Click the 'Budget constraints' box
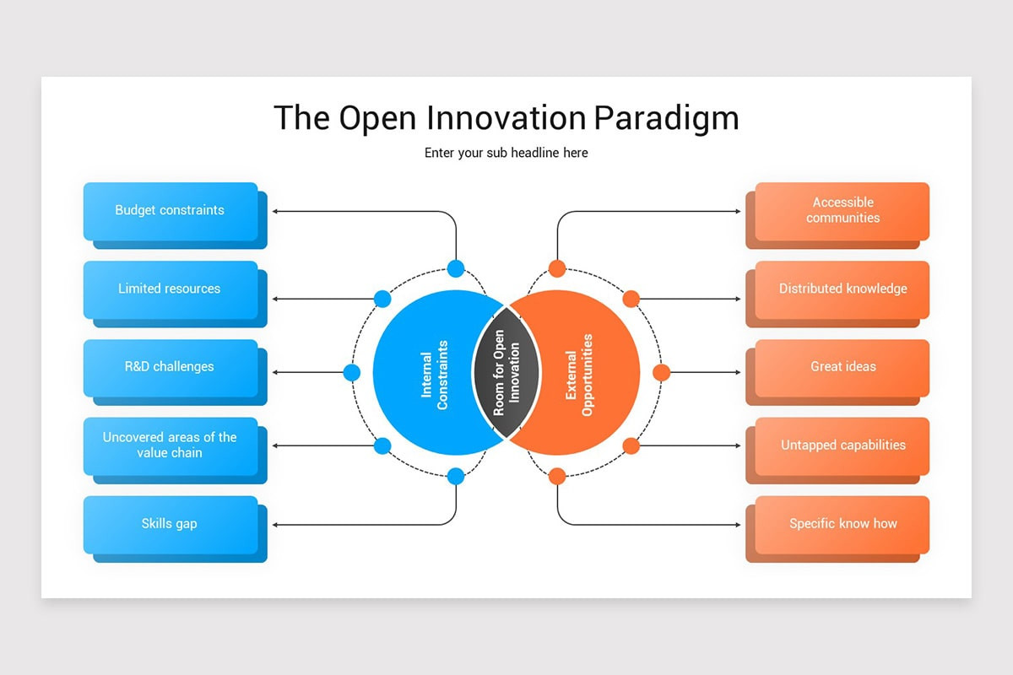click(175, 215)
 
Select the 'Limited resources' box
click(175, 294)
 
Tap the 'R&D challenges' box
click(175, 372)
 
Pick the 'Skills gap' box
click(175, 529)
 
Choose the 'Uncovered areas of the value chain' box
click(175, 451)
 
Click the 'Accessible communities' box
click(837, 215)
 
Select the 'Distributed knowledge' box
click(837, 294)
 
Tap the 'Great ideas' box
click(837, 372)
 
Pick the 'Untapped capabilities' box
click(837, 451)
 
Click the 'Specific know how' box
click(837, 529)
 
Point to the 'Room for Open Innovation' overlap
click(506, 373)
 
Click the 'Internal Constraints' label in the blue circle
click(434, 375)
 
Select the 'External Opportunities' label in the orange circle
click(579, 375)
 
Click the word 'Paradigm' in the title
click(666, 118)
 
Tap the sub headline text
click(506, 153)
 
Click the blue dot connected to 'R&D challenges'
click(352, 373)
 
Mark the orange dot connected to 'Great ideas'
click(661, 373)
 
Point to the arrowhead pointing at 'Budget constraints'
click(274, 211)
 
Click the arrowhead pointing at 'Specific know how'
click(738, 525)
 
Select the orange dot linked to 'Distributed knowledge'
click(631, 299)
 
